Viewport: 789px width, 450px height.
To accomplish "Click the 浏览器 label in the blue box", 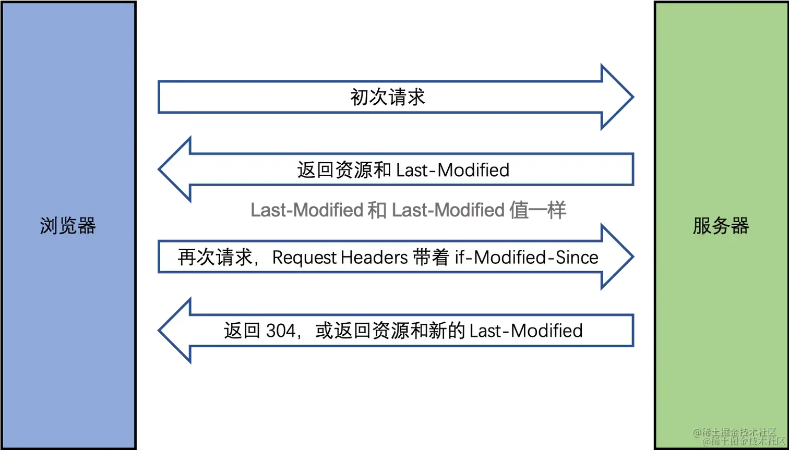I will tap(68, 226).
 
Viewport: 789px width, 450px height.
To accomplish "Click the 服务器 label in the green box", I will tap(721, 226).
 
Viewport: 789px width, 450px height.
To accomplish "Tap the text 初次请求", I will tap(388, 98).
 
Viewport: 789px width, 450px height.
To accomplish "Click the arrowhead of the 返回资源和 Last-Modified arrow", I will tap(175, 170).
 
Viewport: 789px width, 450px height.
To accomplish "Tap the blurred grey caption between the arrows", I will tap(408, 211).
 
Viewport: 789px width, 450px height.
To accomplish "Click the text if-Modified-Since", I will tap(527, 258).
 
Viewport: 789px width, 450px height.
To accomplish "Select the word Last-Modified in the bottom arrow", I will tap(526, 331).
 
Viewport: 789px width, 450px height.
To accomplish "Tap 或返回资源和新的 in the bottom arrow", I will tap(390, 331).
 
